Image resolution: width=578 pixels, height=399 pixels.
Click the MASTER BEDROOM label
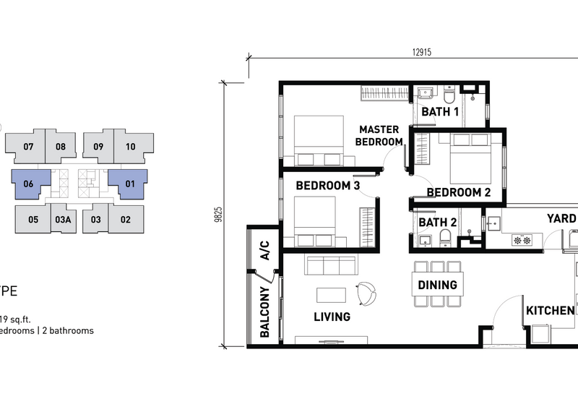(379, 135)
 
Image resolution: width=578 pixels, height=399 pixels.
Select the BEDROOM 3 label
(328, 186)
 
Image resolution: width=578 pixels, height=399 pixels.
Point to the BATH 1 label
(440, 112)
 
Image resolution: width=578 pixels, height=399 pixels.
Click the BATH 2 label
(437, 223)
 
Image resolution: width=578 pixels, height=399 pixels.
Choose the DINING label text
(437, 285)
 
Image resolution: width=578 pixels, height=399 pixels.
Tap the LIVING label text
(332, 317)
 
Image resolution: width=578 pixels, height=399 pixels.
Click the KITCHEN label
(551, 311)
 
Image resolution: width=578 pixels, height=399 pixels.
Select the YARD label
(561, 219)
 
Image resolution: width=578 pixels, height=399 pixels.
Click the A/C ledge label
(264, 250)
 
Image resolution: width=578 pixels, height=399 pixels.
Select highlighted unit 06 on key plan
(29, 184)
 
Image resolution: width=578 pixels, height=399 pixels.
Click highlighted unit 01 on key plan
(130, 184)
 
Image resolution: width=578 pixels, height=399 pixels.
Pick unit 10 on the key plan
(130, 147)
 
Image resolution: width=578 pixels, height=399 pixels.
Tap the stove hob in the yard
(522, 239)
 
